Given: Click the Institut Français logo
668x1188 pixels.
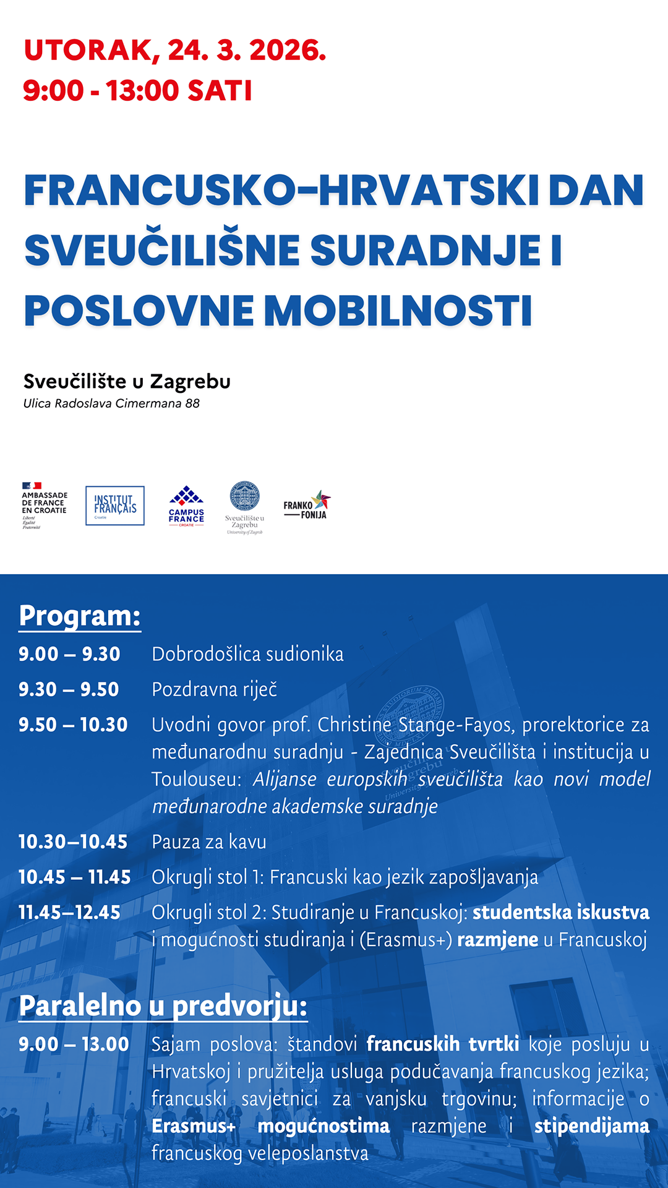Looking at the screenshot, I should (x=115, y=506).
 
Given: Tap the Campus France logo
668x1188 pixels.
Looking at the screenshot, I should (x=186, y=506).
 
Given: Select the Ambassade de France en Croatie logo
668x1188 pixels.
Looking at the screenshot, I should (x=44, y=506).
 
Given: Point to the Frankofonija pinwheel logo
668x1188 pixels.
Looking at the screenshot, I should (x=307, y=506).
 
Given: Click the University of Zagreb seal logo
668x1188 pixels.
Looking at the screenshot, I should (x=244, y=507).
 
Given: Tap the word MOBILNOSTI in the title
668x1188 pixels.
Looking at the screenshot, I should (x=398, y=311).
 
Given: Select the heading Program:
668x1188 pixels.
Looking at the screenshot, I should (x=80, y=616).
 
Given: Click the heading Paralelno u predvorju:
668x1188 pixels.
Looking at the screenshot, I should (x=163, y=1005).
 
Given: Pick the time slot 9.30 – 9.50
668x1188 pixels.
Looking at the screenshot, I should (x=69, y=689).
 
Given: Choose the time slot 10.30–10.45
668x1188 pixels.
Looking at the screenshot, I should (x=73, y=841).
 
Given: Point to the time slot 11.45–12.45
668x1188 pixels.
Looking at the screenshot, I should (x=70, y=912).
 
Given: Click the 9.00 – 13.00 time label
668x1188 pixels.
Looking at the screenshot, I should (x=74, y=1044).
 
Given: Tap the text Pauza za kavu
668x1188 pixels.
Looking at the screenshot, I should (x=209, y=841).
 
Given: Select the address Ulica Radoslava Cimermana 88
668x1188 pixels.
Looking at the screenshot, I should (x=111, y=403).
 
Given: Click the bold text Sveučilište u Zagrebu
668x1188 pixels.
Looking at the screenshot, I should (x=127, y=381).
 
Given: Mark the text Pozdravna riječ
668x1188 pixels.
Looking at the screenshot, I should (x=215, y=689).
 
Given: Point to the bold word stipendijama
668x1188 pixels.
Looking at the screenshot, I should (x=591, y=1126).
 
